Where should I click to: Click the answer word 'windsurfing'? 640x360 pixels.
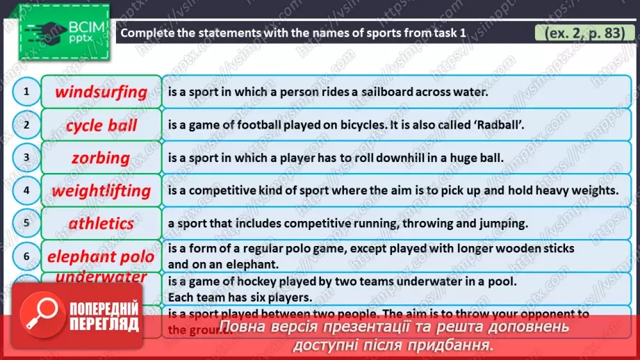pyautogui.click(x=101, y=92)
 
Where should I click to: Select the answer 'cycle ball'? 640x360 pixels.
pyautogui.click(x=101, y=126)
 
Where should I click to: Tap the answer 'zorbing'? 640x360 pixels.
pyautogui.click(x=101, y=158)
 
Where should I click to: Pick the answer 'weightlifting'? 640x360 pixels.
pyautogui.click(x=101, y=190)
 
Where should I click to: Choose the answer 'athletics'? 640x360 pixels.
pyautogui.click(x=101, y=223)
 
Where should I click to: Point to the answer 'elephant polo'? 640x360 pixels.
pyautogui.click(x=101, y=256)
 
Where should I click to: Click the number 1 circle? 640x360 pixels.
pyautogui.click(x=26, y=92)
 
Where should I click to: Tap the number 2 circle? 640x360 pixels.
pyautogui.click(x=26, y=125)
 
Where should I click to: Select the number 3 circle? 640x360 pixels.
pyautogui.click(x=26, y=158)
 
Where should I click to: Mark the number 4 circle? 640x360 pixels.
pyautogui.click(x=26, y=190)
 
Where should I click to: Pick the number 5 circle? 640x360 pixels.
pyautogui.click(x=26, y=223)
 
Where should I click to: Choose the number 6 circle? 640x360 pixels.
pyautogui.click(x=26, y=256)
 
